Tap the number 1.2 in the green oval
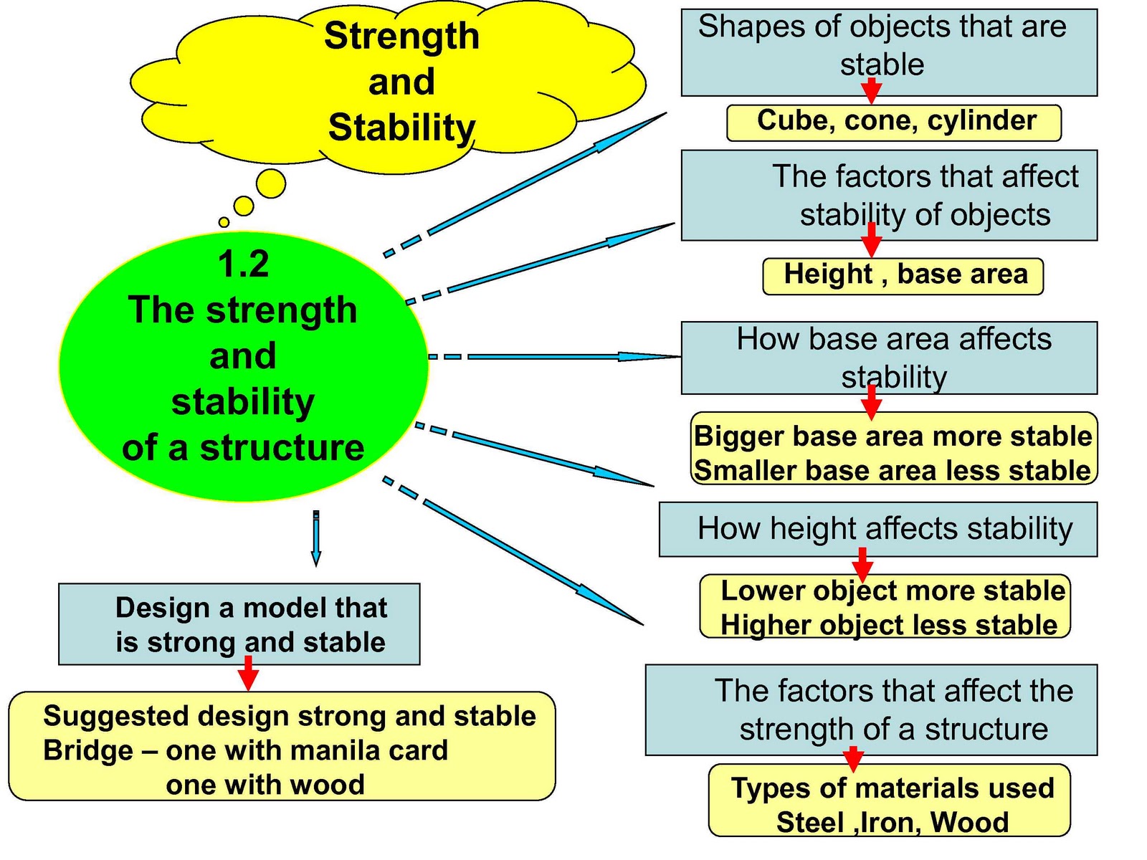[244, 264]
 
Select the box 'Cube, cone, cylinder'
[894, 122]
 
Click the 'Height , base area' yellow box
[903, 276]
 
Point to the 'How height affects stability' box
[878, 529]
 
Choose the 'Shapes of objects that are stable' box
[889, 52]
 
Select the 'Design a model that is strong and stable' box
[239, 623]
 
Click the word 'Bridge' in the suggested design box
[88, 750]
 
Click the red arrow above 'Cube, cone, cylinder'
[871, 90]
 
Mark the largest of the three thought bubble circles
[271, 183]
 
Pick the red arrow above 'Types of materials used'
[853, 758]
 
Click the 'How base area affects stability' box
[889, 357]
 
